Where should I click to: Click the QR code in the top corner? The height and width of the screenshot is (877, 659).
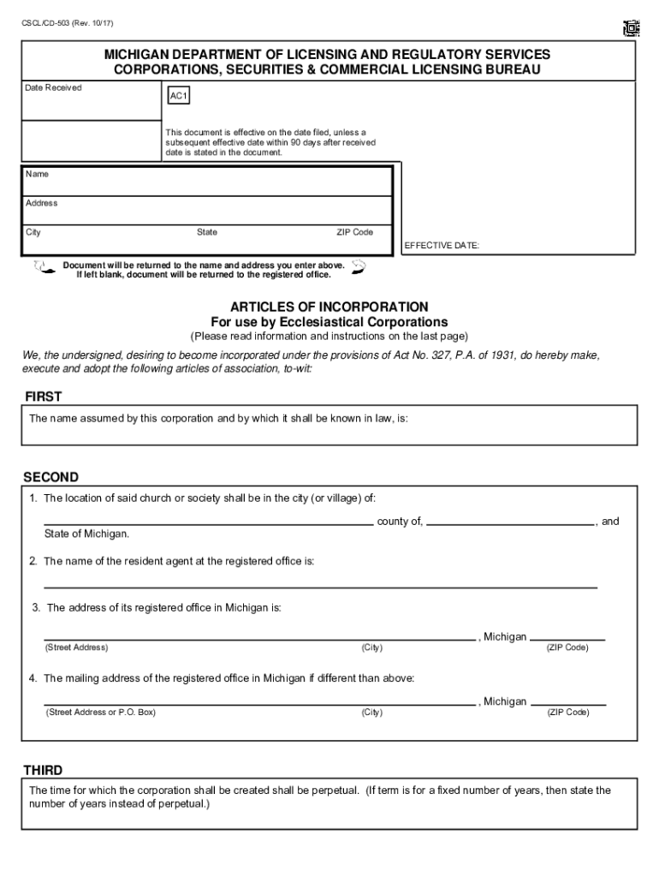pos(632,29)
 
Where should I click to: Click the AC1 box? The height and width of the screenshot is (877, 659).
pos(179,97)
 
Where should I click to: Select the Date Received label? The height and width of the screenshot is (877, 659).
pos(53,87)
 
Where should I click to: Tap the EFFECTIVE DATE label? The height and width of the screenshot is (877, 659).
pos(442,246)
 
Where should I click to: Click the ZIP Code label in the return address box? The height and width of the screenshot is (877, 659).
pos(354,232)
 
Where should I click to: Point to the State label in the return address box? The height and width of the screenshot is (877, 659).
pos(207,232)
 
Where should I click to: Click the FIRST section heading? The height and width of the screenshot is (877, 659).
pos(43,397)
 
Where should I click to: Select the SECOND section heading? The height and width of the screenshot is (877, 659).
pos(50,476)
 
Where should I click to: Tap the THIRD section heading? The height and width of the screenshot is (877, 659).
pos(43,770)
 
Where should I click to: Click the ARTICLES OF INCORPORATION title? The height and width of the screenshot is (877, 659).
pos(329,307)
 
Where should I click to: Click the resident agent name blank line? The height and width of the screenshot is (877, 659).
pos(320,587)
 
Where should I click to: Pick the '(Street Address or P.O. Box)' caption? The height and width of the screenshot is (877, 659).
pos(101,712)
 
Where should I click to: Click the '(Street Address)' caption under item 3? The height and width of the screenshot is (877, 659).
pos(76,647)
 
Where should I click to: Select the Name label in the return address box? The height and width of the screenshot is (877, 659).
pos(37,174)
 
